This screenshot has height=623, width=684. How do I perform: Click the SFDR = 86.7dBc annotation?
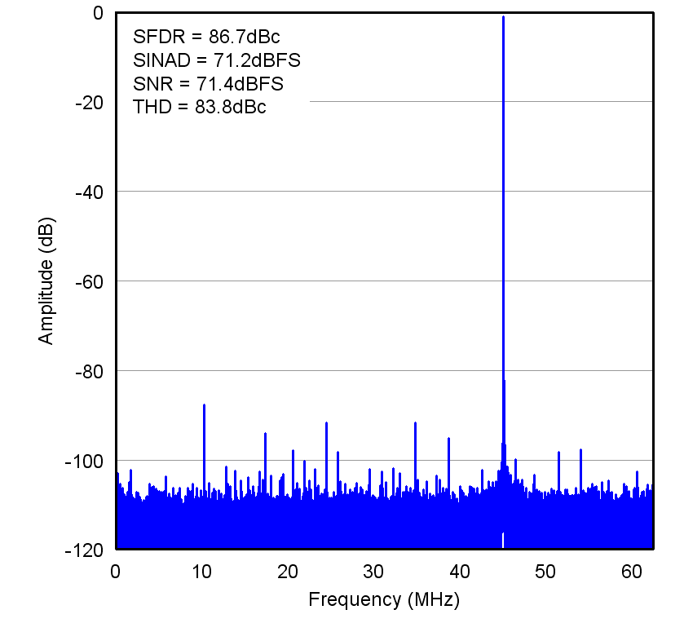coord(206,37)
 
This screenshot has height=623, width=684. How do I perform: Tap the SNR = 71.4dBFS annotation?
coord(208,84)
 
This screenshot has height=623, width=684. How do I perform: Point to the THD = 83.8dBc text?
coord(199,108)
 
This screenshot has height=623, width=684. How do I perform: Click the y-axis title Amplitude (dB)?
coord(46,280)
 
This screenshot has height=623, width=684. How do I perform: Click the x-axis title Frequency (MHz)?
coord(384,601)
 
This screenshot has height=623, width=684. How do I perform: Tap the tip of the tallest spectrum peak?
coord(503,16)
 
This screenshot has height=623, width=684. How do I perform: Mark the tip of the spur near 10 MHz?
coord(204,404)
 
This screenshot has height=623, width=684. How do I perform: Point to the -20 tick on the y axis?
coord(87,102)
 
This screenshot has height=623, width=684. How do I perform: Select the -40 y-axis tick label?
coord(87,192)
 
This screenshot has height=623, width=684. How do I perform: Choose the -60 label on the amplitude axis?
coord(87,281)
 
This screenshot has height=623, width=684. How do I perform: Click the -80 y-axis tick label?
coord(87,371)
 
